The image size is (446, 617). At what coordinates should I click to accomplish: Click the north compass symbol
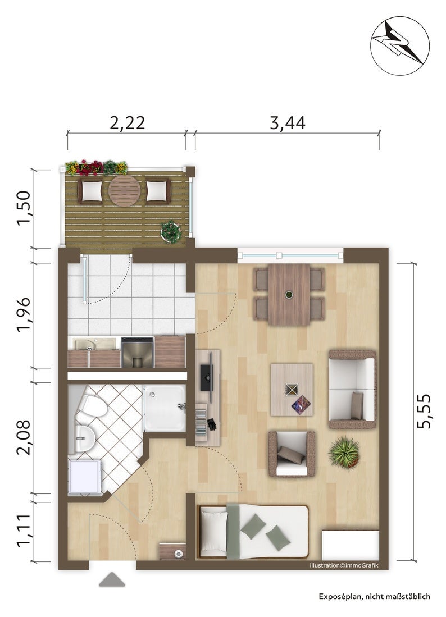(x=399, y=46)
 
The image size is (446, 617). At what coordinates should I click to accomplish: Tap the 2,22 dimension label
(x=127, y=122)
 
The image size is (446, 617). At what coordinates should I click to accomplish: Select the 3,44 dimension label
(x=288, y=122)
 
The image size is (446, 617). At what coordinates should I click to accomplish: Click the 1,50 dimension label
(x=23, y=208)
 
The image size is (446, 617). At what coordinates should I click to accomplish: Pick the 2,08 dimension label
(x=23, y=437)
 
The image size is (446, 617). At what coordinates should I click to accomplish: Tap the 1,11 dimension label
(x=23, y=531)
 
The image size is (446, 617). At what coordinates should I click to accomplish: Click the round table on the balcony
(x=124, y=190)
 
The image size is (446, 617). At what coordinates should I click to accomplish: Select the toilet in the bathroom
(x=92, y=407)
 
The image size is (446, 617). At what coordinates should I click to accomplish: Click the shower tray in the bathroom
(x=164, y=408)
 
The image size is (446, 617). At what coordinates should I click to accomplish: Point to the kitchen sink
(x=86, y=344)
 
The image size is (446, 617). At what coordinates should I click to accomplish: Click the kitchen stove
(x=138, y=352)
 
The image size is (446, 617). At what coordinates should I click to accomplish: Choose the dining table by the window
(x=289, y=294)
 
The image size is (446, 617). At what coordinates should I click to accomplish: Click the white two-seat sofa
(x=352, y=389)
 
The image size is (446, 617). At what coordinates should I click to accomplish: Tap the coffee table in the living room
(x=292, y=390)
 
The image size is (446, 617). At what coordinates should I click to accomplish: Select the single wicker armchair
(x=292, y=454)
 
